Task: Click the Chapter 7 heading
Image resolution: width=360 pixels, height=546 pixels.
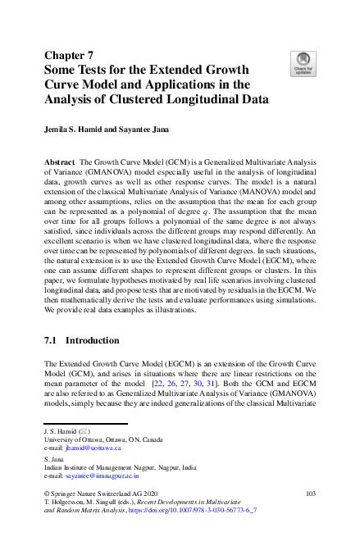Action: point(70,55)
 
